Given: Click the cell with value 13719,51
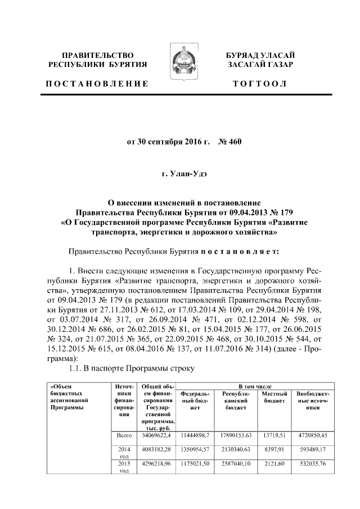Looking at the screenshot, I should pyautogui.click(x=275, y=435).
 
